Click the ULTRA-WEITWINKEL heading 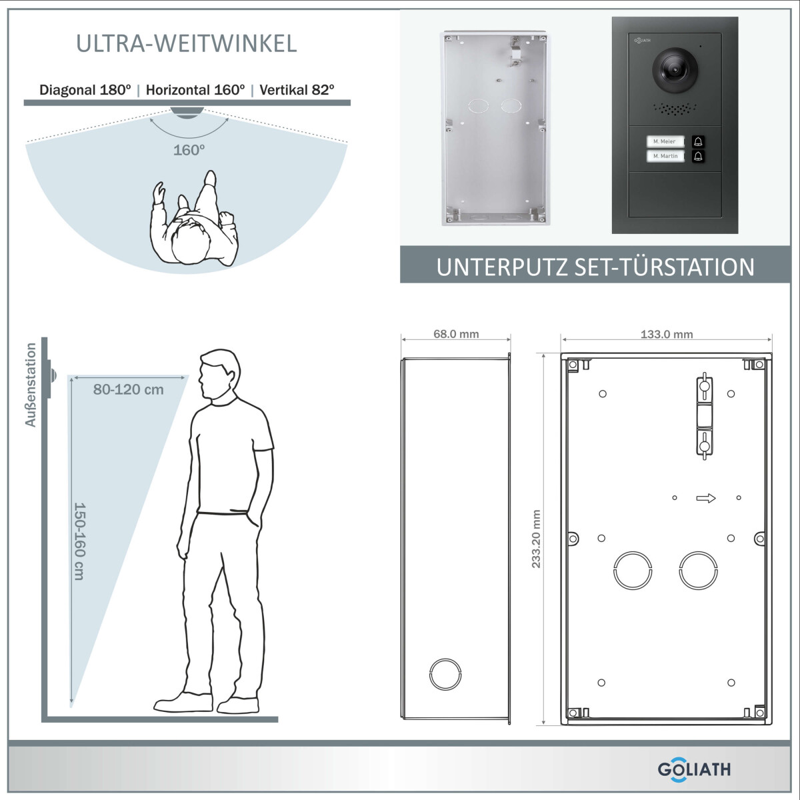[187, 43]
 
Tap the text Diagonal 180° [85, 90]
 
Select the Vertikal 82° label [297, 90]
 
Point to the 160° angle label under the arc [189, 150]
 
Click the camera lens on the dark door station [675, 70]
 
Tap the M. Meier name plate [665, 141]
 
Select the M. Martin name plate [665, 156]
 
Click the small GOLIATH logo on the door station [642, 40]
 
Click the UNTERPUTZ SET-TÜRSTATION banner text [595, 267]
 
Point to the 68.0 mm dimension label [456, 334]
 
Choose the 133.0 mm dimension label [667, 334]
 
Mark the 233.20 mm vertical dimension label [536, 539]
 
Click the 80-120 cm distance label [128, 389]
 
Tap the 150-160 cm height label [79, 541]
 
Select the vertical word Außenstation [31, 385]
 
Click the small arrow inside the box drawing [706, 498]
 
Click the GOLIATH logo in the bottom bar [694, 769]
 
